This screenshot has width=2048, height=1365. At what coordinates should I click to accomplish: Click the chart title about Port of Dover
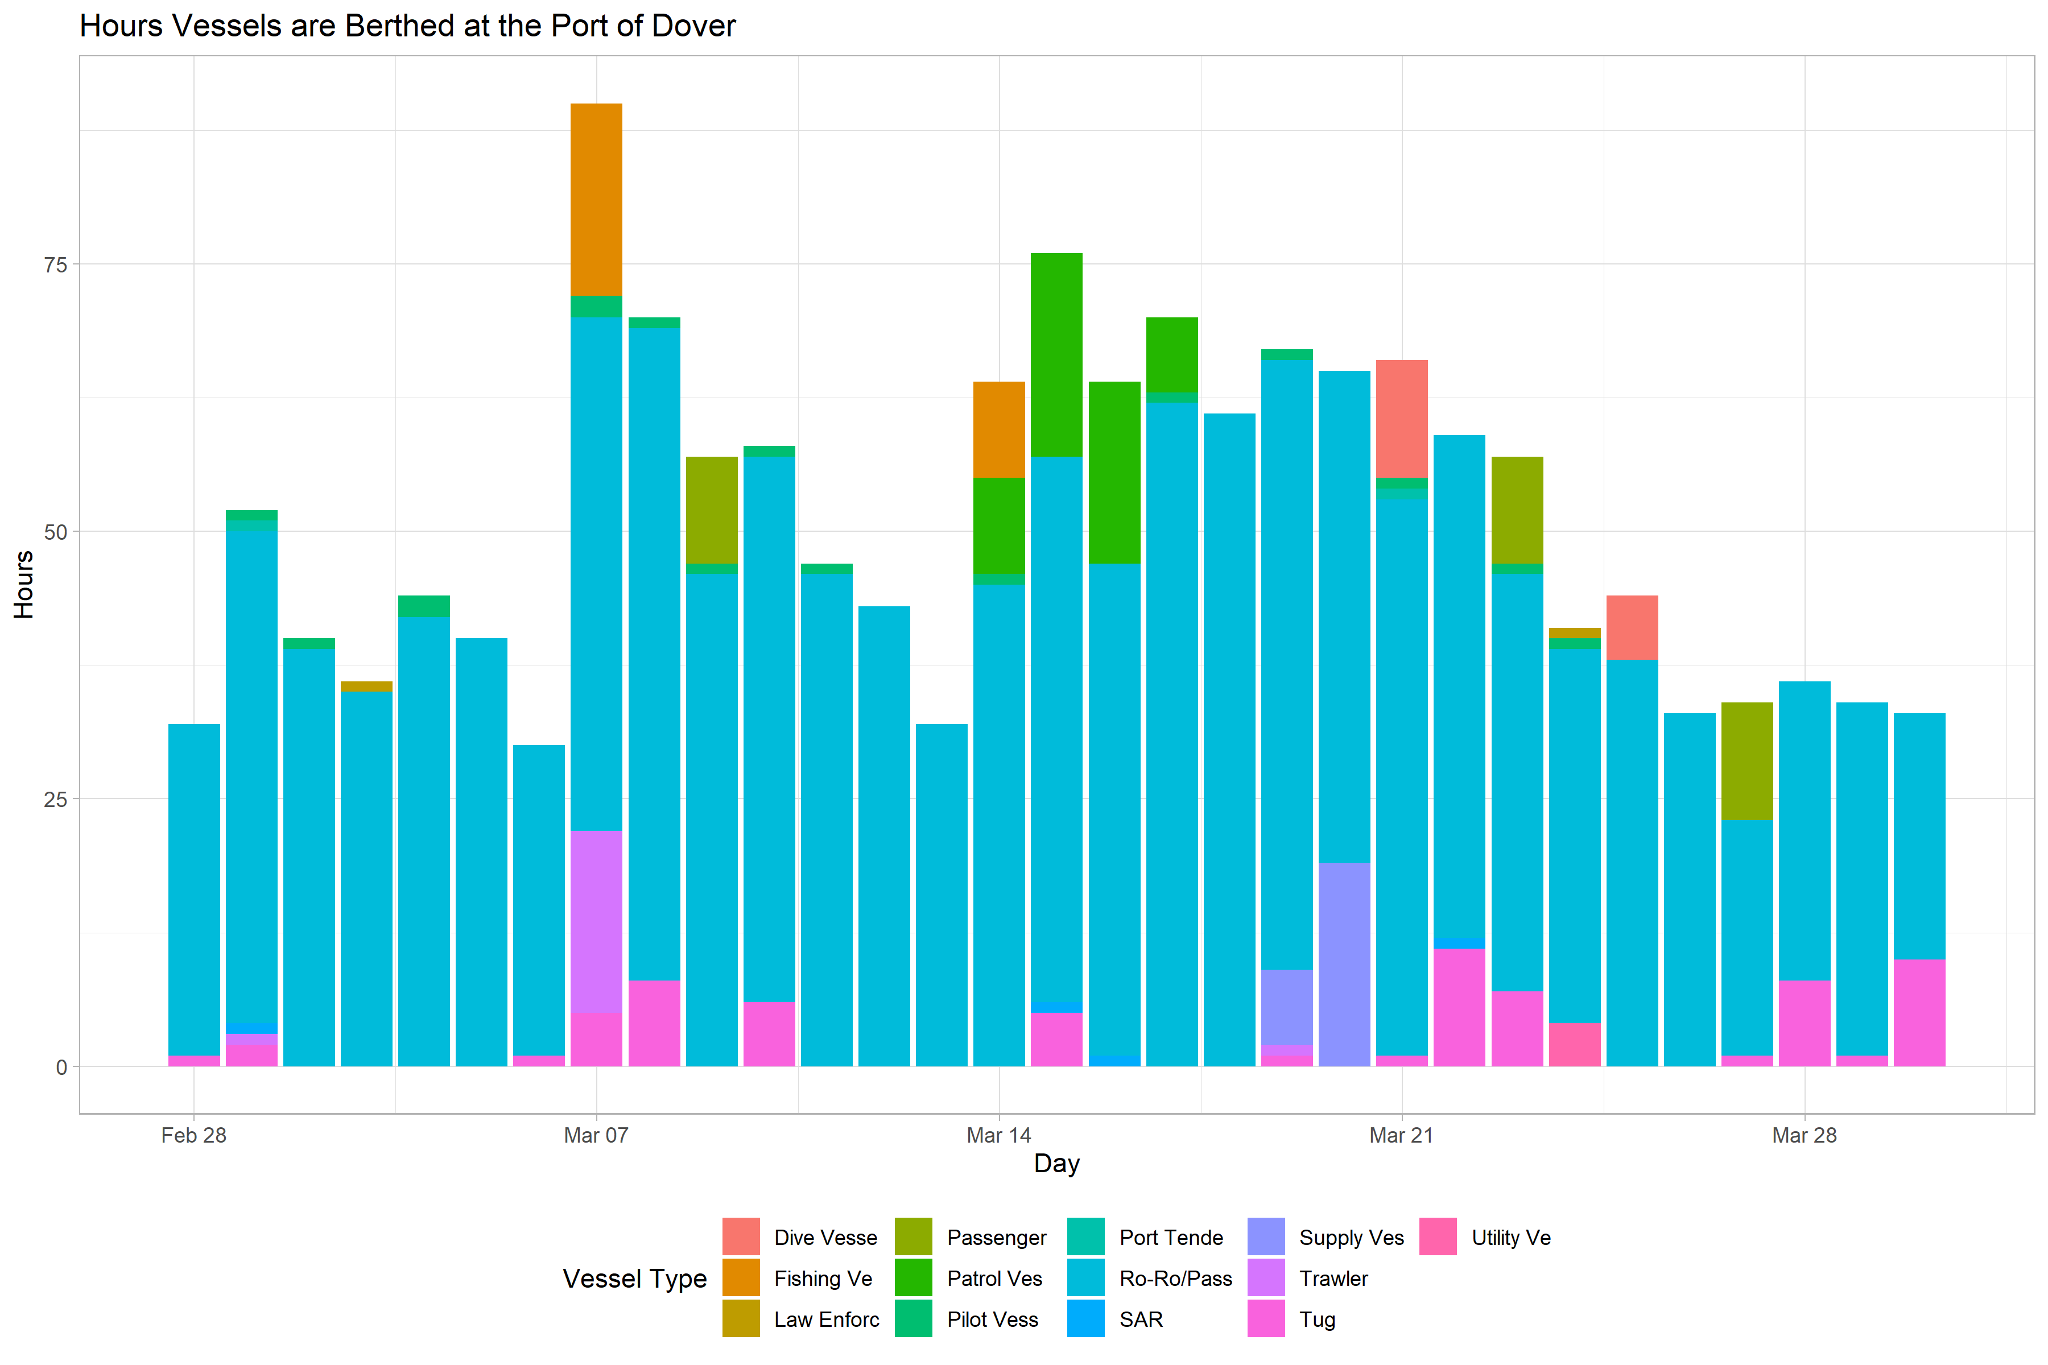tap(407, 26)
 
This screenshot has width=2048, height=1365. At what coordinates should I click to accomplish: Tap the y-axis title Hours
tap(23, 584)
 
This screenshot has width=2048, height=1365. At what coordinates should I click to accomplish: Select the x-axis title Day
tap(1056, 1164)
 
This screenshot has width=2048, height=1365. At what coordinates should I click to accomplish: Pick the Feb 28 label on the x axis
tap(193, 1135)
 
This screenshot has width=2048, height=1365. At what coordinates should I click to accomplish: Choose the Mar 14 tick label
tap(999, 1135)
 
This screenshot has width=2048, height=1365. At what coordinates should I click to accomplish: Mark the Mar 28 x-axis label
tap(1804, 1135)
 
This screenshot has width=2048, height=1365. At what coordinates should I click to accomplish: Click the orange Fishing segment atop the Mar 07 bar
tap(596, 200)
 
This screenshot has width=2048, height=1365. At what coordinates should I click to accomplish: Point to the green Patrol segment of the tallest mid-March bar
tap(1056, 354)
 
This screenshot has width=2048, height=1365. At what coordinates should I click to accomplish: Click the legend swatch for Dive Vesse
tap(741, 1237)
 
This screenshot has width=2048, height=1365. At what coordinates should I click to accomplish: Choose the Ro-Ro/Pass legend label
tap(1175, 1279)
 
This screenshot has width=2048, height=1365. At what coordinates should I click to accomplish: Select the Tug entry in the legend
tap(1316, 1319)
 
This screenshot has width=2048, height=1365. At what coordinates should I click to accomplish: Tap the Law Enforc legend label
tap(827, 1319)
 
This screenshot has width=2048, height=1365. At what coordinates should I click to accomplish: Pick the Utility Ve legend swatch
tap(1438, 1237)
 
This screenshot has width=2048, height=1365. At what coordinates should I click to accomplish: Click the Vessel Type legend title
tap(635, 1279)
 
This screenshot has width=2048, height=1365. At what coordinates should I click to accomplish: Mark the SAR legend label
tap(1141, 1319)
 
